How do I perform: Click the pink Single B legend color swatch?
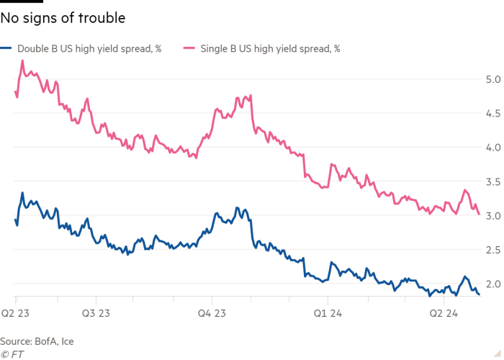(189, 48)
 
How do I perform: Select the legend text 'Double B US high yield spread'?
(87, 48)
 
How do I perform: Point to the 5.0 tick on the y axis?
(493, 79)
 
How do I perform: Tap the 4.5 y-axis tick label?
(493, 113)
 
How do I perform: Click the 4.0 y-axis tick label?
(493, 147)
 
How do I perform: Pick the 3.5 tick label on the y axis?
(493, 181)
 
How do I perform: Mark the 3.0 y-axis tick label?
(493, 215)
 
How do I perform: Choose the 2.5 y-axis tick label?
(493, 249)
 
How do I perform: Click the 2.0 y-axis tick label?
(493, 284)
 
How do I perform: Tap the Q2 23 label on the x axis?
(15, 313)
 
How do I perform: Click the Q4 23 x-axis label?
(212, 313)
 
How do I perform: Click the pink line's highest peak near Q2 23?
(22, 60)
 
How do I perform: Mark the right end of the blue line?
(480, 294)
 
